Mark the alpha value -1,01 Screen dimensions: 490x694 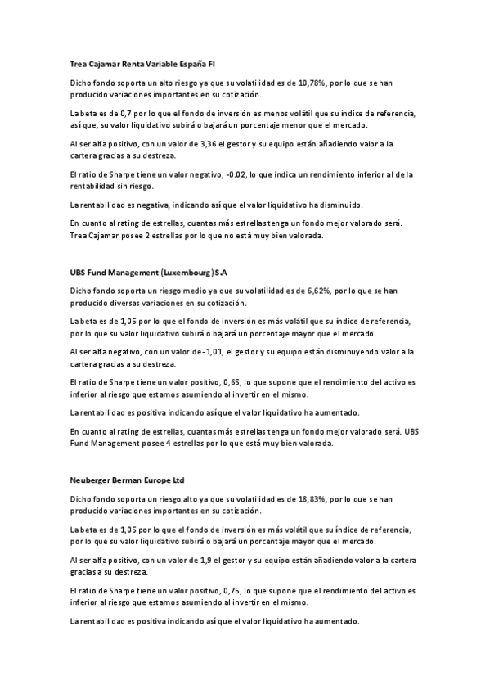tap(217, 352)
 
